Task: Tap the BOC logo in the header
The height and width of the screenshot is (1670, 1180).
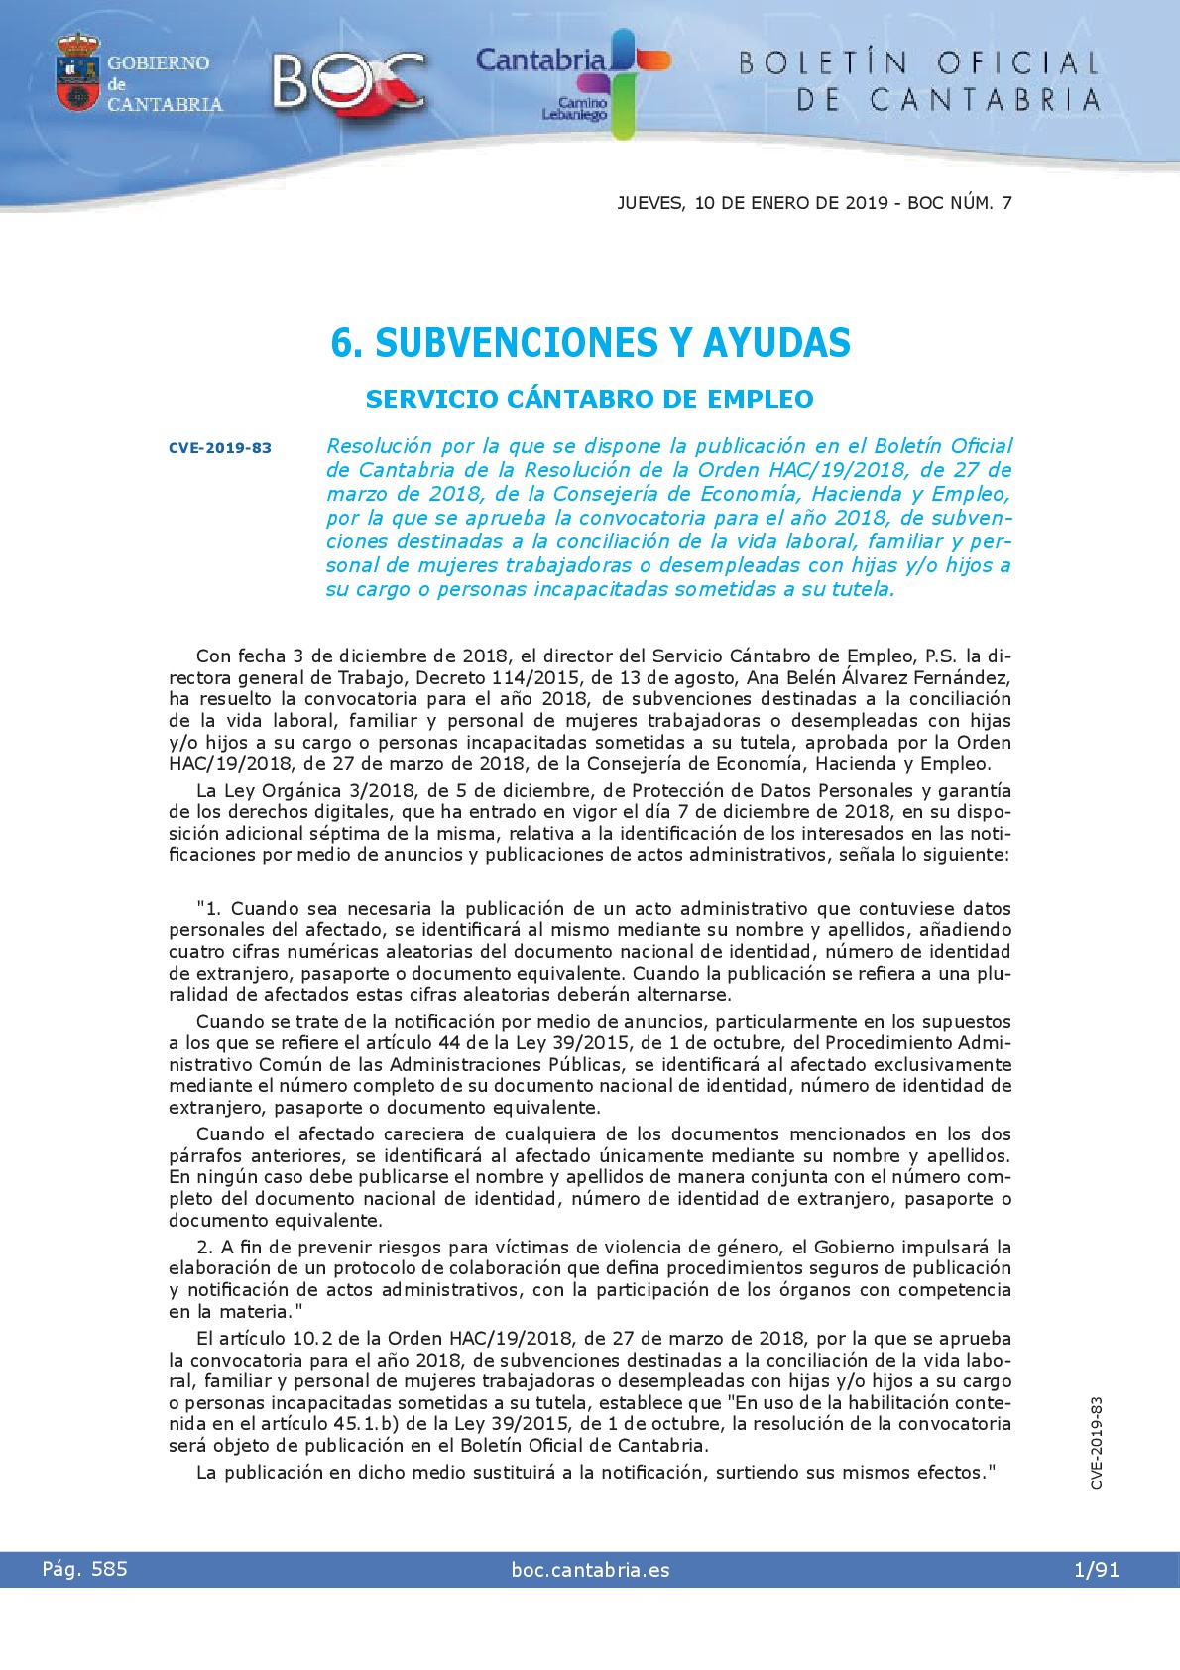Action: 347,83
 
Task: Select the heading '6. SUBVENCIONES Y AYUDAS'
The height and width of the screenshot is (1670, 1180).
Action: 590,343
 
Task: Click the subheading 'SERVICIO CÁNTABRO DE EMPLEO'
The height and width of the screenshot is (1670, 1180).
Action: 589,400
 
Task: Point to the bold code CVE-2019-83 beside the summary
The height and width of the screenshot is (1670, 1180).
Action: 219,448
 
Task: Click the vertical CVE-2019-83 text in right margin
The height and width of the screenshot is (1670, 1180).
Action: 1096,1443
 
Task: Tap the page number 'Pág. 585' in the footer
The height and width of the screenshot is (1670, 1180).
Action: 84,1569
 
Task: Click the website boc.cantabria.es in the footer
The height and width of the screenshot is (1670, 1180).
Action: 590,1570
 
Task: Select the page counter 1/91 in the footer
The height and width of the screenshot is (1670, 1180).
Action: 1096,1570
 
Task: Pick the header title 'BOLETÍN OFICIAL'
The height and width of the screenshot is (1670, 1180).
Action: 919,64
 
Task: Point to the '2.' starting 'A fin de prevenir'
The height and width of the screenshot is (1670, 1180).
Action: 205,1248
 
